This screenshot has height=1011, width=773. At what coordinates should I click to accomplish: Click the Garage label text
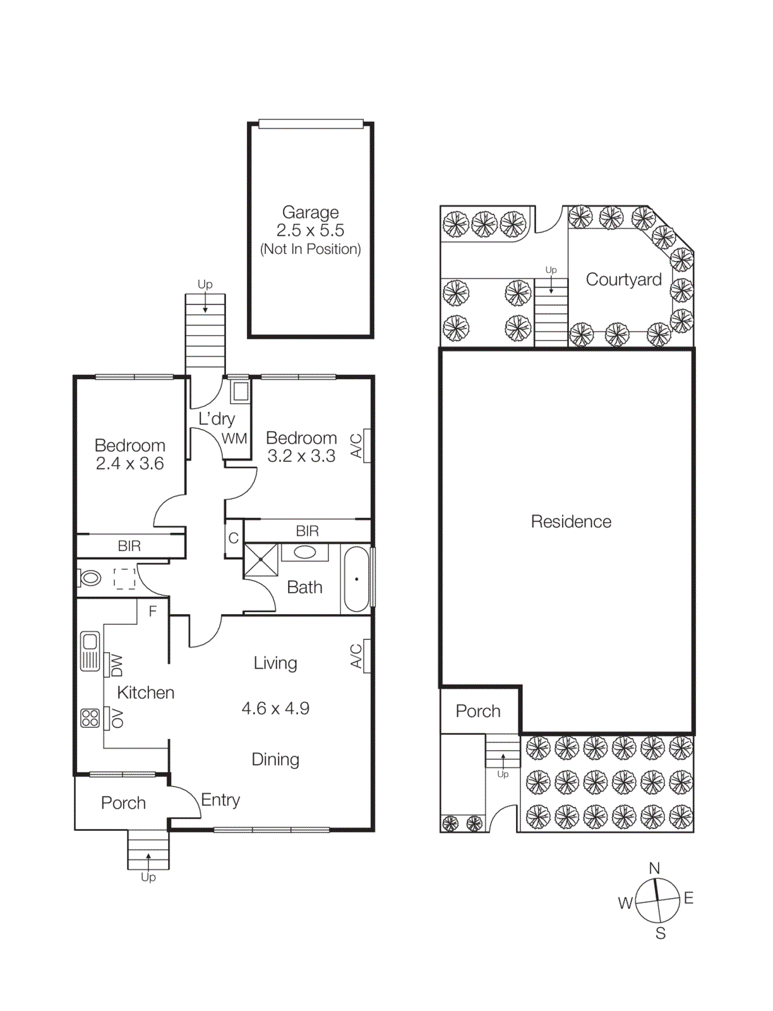coord(310,212)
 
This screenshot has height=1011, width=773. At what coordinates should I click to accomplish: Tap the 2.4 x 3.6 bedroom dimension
coord(129,464)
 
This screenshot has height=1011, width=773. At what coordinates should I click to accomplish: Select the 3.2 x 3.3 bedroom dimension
coord(301,456)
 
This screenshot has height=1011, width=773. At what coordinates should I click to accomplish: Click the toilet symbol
coord(90,578)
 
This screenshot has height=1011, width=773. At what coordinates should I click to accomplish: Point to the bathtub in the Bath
coord(356,579)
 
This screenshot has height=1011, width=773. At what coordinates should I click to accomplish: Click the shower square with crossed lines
coord(261,560)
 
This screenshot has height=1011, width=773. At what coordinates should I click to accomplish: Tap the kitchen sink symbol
coord(90,651)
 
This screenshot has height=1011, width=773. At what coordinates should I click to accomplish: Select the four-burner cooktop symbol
coord(90,718)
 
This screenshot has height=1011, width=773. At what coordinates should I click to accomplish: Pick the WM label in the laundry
coord(234,439)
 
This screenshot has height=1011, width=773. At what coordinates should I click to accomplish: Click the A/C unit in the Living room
coord(366,656)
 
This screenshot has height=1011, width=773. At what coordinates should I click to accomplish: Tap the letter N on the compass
coord(655,868)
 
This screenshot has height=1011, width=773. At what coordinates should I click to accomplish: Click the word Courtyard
coord(623,279)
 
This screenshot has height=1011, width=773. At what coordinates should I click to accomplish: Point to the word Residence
coord(571,522)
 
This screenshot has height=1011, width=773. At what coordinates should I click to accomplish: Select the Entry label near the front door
coord(220,800)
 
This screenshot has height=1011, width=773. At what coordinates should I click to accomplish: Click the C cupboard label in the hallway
coord(234,538)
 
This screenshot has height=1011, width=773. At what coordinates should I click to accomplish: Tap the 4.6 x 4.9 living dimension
coord(275,708)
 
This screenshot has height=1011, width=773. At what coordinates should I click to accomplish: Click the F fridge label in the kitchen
coord(152,611)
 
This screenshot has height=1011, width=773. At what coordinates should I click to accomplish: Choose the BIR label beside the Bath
coord(307,531)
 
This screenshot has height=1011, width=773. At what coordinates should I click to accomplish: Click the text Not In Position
coord(310,249)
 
